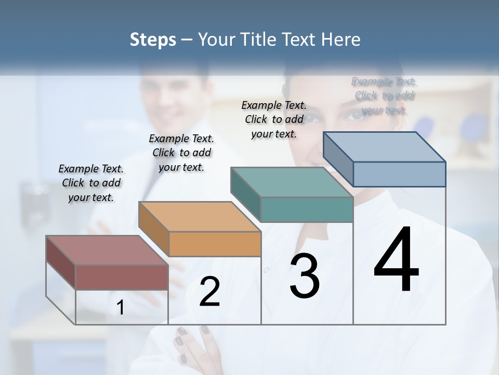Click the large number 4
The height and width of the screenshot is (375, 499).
point(396,260)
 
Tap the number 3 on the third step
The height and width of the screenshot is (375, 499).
point(304,276)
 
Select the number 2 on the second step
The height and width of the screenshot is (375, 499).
point(209,292)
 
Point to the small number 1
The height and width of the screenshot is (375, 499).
point(121,308)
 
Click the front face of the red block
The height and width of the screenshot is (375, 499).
point(122,277)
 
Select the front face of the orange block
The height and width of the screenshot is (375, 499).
point(215,244)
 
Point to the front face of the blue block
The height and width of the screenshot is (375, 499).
point(399,174)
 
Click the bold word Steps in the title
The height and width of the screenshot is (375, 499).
point(153,40)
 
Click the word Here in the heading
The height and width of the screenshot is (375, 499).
point(341,40)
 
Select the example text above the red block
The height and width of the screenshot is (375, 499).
point(91,183)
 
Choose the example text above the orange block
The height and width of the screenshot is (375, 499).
point(181,153)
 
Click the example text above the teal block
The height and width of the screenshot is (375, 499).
point(274,119)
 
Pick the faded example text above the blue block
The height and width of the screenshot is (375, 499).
point(384,96)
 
